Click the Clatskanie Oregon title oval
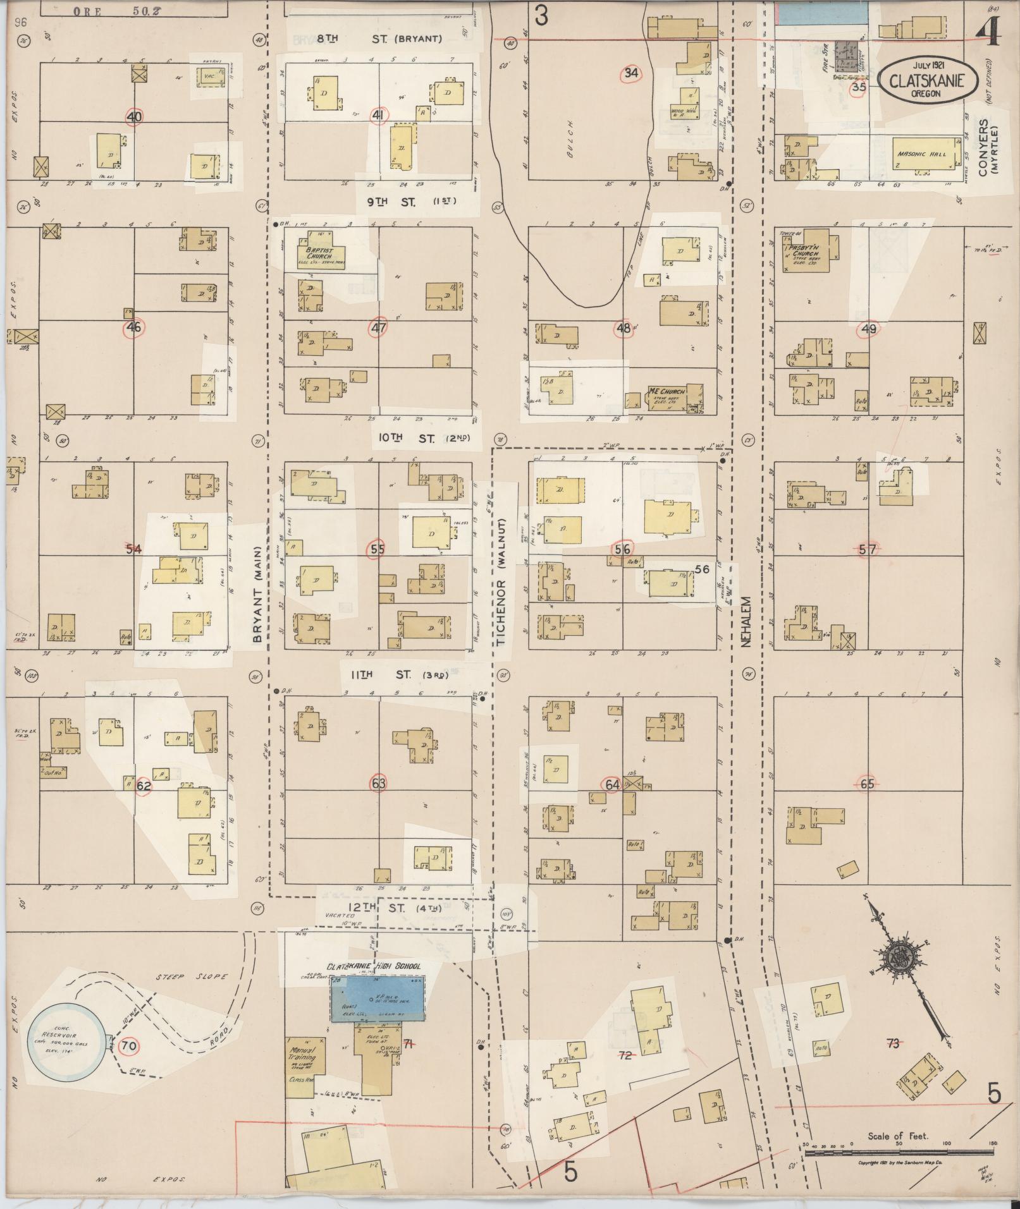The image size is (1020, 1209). [x=928, y=80]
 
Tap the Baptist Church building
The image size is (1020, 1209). [x=324, y=252]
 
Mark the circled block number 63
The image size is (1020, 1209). [x=378, y=784]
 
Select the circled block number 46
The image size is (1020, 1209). [x=133, y=327]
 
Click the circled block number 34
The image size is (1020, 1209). [x=630, y=73]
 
